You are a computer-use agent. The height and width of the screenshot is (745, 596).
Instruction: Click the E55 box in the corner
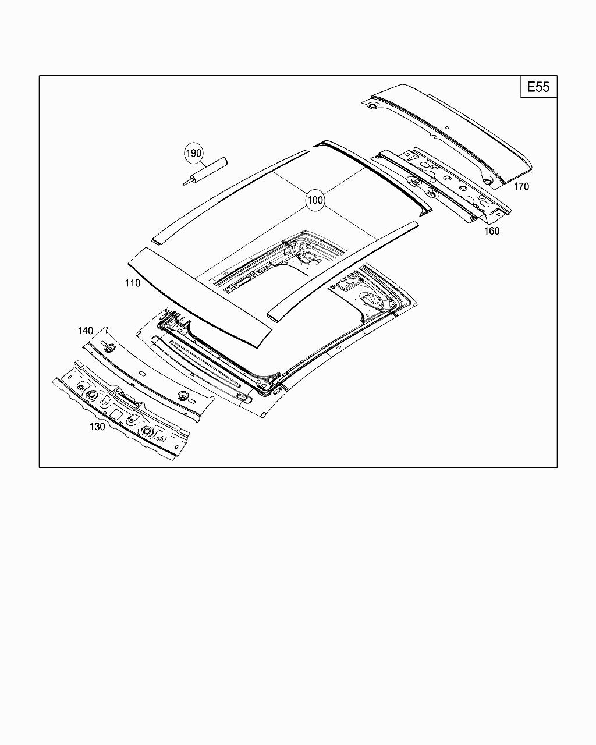point(539,87)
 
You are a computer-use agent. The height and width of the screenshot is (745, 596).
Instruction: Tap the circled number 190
point(194,153)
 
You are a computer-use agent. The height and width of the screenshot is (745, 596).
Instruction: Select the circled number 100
point(315,200)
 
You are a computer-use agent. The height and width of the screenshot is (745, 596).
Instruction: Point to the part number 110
point(133,283)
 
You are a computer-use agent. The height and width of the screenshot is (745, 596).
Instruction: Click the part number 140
point(86,331)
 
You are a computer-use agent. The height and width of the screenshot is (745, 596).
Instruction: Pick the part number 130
point(97,427)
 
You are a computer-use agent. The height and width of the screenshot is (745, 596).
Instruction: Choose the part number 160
point(492,231)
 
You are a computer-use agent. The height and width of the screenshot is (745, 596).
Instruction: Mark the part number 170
point(521,187)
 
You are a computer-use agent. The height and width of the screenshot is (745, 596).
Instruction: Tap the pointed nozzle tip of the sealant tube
point(184,184)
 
